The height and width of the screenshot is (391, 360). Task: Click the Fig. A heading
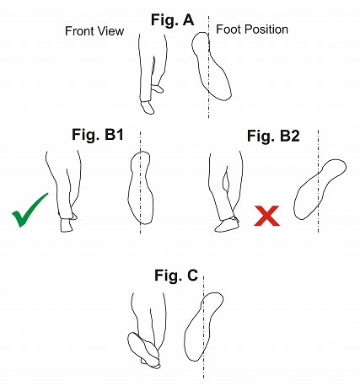(172, 20)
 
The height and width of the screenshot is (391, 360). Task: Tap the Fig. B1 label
(98, 135)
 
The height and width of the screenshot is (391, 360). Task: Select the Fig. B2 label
(273, 136)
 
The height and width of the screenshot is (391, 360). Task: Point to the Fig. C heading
(176, 276)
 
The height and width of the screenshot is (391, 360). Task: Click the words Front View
(94, 31)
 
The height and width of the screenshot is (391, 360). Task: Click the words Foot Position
(252, 29)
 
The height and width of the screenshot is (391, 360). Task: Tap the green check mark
(30, 210)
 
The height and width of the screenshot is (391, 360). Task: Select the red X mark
(266, 216)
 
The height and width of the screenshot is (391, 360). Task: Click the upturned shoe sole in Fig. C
(144, 350)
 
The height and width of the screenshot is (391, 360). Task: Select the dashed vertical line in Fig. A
(208, 67)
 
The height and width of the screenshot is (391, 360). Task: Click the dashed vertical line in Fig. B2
(318, 181)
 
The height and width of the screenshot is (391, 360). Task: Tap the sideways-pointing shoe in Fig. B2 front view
(227, 225)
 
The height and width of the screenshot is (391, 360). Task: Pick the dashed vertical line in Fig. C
(203, 327)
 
